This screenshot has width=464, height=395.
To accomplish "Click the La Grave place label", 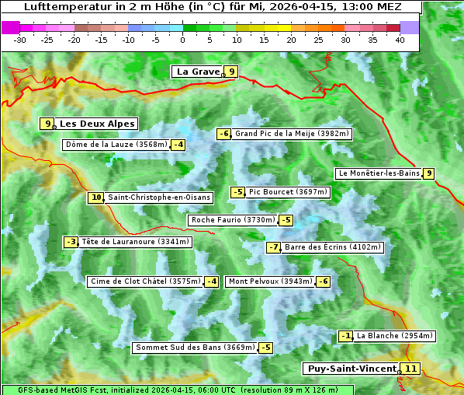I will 197,72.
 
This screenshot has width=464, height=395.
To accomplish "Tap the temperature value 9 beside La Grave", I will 231,72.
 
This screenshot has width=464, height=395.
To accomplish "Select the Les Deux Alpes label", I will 97,124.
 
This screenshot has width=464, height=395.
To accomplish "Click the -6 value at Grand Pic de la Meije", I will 224,134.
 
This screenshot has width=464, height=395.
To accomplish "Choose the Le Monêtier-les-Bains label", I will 379,173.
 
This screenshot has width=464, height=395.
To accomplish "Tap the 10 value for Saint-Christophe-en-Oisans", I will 96,197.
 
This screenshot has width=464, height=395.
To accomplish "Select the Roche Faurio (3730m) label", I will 233,220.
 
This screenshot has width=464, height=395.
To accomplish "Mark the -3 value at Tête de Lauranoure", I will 71,242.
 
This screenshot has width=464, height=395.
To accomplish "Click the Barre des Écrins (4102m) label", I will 333,247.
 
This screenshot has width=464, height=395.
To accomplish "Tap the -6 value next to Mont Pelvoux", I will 323,281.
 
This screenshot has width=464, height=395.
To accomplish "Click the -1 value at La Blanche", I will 347,336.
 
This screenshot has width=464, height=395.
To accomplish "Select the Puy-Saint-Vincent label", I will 351,369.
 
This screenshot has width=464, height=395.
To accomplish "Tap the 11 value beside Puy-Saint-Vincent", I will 410,369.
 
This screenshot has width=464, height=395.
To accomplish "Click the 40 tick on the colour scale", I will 400,39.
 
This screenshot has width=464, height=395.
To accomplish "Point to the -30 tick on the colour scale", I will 20,39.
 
